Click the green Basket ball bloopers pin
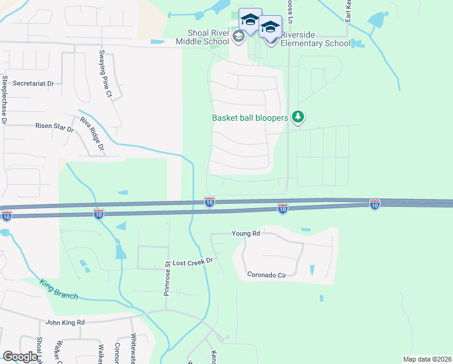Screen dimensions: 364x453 coord(297,116)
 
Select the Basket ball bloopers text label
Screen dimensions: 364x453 coord(250,118)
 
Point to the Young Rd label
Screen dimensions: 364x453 coord(246,233)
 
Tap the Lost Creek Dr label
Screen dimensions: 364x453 coord(194,260)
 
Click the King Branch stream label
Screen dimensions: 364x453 coord(59,288)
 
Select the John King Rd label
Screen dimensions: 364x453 coord(65,322)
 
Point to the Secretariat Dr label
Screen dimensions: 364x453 coord(33,83)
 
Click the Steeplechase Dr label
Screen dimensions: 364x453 coord(4,99)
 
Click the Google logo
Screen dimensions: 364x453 coord(20,357)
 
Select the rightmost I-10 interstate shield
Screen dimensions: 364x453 coord(375,206)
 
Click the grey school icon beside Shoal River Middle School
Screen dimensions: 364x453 coord(239,37)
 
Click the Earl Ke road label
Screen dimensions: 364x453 coord(348,12)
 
